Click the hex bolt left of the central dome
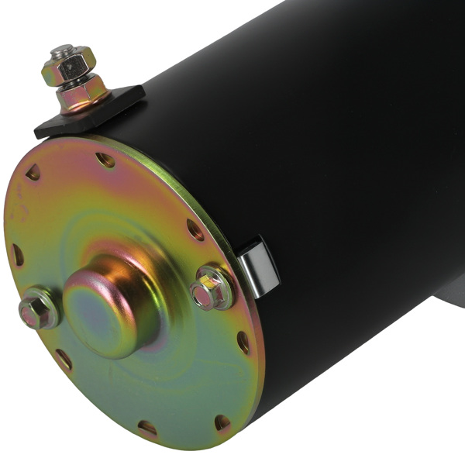tap(36, 308)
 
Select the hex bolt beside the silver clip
tap(211, 288)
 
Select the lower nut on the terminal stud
tap(81, 95)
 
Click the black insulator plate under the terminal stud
tap(116, 108)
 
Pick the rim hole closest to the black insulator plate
tap(105, 160)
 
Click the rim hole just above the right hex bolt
tap(195, 229)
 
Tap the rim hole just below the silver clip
tap(243, 342)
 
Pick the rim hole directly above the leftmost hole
tap(33, 173)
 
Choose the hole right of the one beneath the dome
tap(222, 422)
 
